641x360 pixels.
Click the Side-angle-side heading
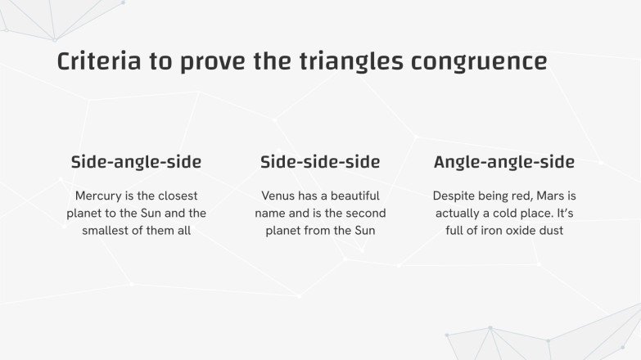(x=136, y=161)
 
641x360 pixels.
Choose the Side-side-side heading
(x=320, y=161)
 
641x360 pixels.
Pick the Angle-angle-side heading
(x=503, y=161)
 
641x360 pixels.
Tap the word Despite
(x=456, y=196)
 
